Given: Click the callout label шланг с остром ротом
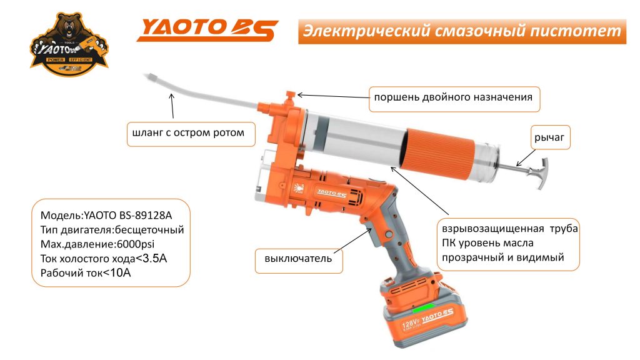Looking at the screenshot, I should click(185, 133).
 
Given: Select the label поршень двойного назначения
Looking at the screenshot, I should click(453, 97).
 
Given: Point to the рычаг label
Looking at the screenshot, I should click(552, 138).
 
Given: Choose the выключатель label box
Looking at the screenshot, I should click(299, 258).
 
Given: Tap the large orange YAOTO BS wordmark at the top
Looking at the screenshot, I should click(207, 30).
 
